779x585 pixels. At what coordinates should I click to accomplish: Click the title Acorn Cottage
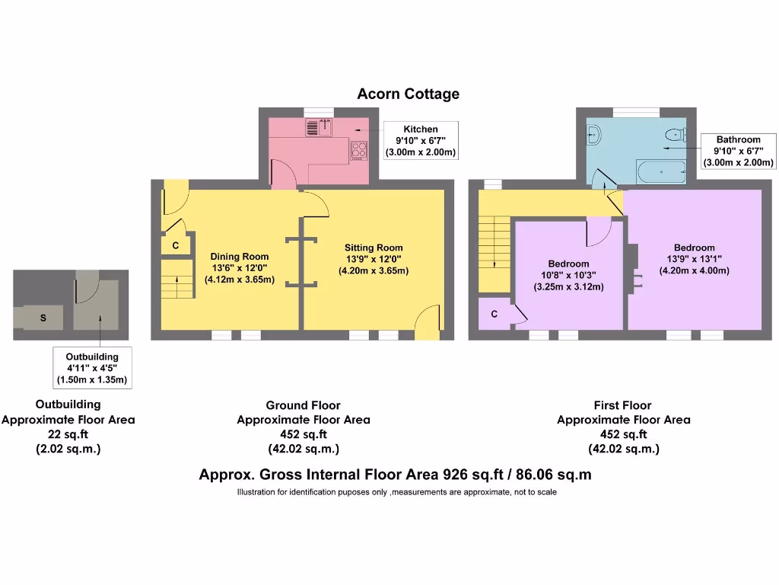[409, 94]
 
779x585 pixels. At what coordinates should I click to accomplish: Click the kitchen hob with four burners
[359, 152]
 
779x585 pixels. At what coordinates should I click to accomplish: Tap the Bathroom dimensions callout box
[738, 151]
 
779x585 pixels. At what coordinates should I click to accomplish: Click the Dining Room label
[240, 267]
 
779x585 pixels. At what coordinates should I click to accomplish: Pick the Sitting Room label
[374, 259]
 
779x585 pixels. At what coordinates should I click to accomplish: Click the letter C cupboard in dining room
[175, 246]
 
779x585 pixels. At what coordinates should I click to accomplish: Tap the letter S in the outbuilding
[43, 318]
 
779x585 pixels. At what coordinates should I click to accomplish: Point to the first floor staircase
[495, 243]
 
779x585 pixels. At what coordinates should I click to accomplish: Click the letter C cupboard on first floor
[494, 315]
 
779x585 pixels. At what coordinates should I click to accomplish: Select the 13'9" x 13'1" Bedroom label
[694, 259]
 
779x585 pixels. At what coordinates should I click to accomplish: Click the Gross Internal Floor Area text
[395, 475]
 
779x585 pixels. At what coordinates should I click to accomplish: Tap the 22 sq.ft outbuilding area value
[68, 434]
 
